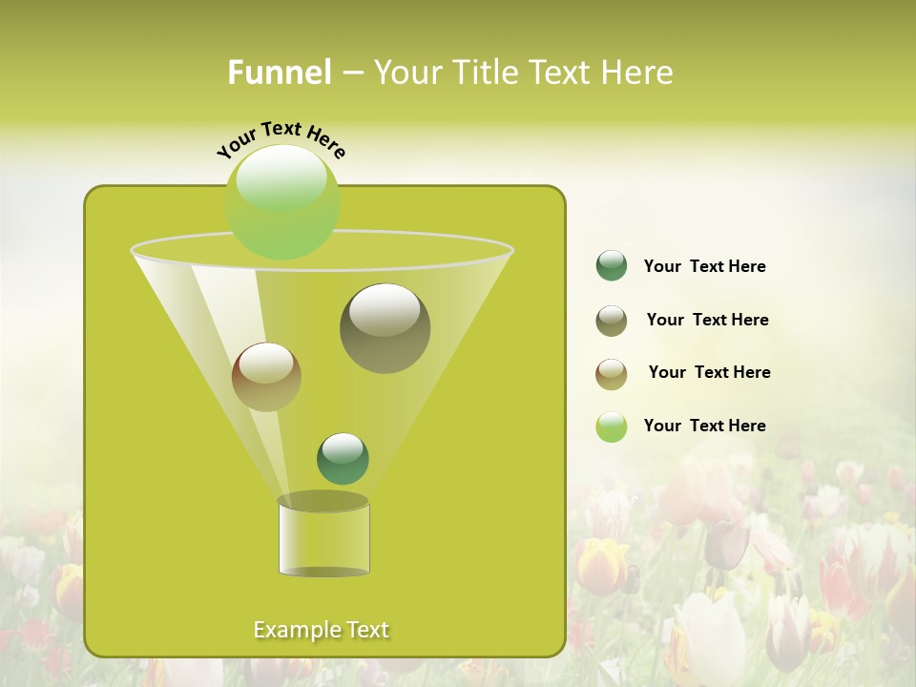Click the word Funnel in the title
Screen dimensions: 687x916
click(x=280, y=73)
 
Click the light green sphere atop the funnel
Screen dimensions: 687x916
click(x=282, y=202)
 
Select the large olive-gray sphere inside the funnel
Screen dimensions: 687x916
click(x=385, y=328)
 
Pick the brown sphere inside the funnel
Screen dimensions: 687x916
click(x=266, y=377)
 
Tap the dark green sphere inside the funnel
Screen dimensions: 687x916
click(x=343, y=459)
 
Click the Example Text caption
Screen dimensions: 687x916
click(x=321, y=630)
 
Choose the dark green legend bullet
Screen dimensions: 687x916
click(x=612, y=266)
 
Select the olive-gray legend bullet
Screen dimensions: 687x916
click(x=612, y=321)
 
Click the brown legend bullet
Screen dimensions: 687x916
click(x=612, y=374)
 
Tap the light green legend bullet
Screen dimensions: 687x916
click(x=612, y=427)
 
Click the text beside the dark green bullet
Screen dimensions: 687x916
click(x=704, y=267)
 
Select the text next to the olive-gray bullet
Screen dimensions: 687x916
click(x=707, y=321)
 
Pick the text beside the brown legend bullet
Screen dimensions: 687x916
click(x=709, y=373)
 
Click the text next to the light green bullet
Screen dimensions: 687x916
click(x=704, y=426)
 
